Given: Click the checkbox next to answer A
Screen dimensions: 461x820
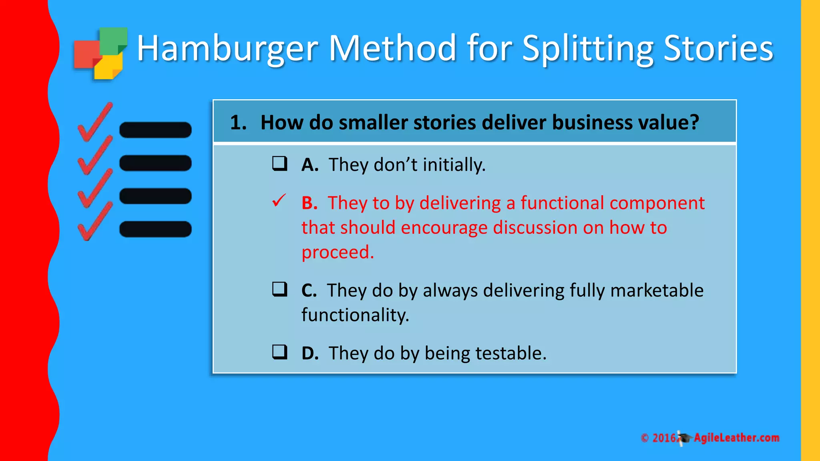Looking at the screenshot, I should [279, 163].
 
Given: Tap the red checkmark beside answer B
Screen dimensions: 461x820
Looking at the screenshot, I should [279, 200].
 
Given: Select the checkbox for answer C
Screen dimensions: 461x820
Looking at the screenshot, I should [279, 289].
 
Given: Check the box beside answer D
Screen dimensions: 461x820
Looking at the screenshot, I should [279, 352].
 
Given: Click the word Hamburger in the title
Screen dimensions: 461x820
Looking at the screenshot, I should [227, 49].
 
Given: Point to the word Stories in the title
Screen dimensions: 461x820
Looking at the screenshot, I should [718, 49].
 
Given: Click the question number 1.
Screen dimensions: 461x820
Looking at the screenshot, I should [238, 122].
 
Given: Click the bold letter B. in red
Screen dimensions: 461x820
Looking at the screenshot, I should [310, 203].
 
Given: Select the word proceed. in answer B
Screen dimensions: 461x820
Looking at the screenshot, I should [338, 253].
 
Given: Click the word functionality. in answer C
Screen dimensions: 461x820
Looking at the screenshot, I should [355, 315].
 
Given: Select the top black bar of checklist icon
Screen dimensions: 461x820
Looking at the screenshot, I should [155, 130].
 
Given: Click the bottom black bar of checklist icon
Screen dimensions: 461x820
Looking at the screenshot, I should [155, 229].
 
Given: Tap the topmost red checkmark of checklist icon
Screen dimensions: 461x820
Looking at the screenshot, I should [95, 122].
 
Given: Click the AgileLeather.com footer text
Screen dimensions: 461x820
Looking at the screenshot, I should [736, 438].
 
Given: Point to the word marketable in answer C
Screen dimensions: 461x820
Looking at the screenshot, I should [657, 291].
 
